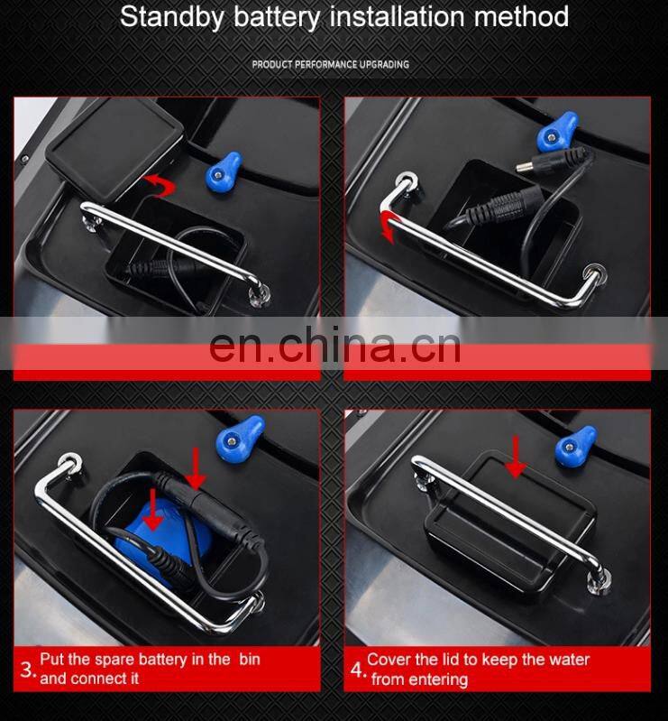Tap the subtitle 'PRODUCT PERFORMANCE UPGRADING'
click(330, 65)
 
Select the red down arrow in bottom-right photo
click(515, 456)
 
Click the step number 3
click(27, 670)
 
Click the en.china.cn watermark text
click(334, 347)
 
